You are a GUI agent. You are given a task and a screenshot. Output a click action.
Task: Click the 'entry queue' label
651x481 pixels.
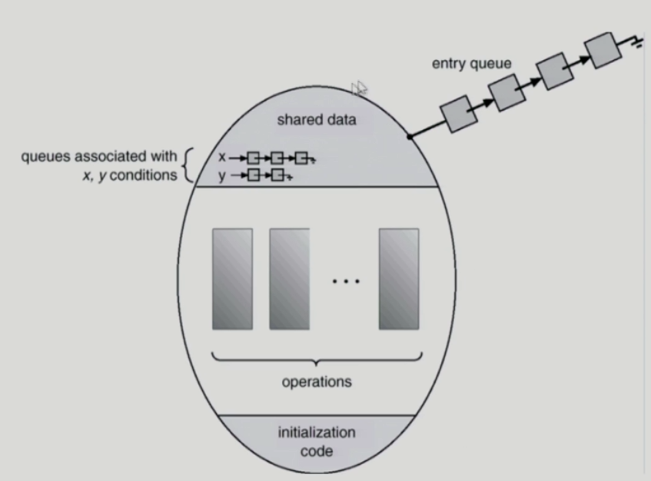pos(470,63)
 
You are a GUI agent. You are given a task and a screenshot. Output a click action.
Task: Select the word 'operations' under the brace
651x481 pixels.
pos(317,381)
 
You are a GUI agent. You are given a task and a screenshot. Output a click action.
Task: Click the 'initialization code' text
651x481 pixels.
pos(317,442)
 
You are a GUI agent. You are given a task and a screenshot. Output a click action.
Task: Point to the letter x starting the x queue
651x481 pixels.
pos(222,158)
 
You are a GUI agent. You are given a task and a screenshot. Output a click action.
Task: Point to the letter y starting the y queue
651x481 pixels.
pos(222,176)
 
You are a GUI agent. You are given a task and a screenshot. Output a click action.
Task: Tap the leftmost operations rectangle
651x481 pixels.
pos(232,278)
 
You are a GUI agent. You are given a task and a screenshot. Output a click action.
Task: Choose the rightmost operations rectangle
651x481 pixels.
pos(399,278)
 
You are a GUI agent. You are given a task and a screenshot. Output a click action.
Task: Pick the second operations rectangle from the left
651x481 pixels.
pos(289,278)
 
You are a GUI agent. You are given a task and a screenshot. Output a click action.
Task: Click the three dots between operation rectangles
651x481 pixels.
pos(345,282)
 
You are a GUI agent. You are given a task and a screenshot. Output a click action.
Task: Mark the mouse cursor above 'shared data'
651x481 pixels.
pos(358,89)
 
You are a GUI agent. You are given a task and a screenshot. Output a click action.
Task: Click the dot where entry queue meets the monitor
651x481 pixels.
pos(410,138)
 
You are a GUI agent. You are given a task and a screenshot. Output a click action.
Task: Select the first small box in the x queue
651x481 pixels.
pos(253,158)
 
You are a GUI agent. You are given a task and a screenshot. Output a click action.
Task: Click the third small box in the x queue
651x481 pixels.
pos(301,158)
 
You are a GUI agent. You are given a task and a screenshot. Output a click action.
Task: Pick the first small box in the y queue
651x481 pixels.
pos(253,176)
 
